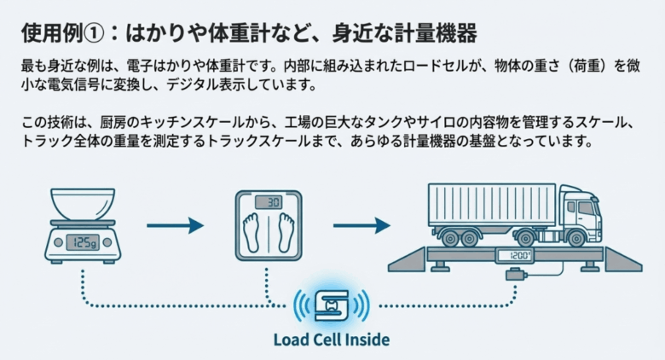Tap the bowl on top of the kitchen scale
coord(83,205)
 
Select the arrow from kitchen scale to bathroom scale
coord(175,226)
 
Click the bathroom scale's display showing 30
coord(269,203)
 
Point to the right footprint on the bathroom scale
coord(283,234)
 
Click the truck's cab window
coord(587,207)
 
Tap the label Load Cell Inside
coord(331,340)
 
